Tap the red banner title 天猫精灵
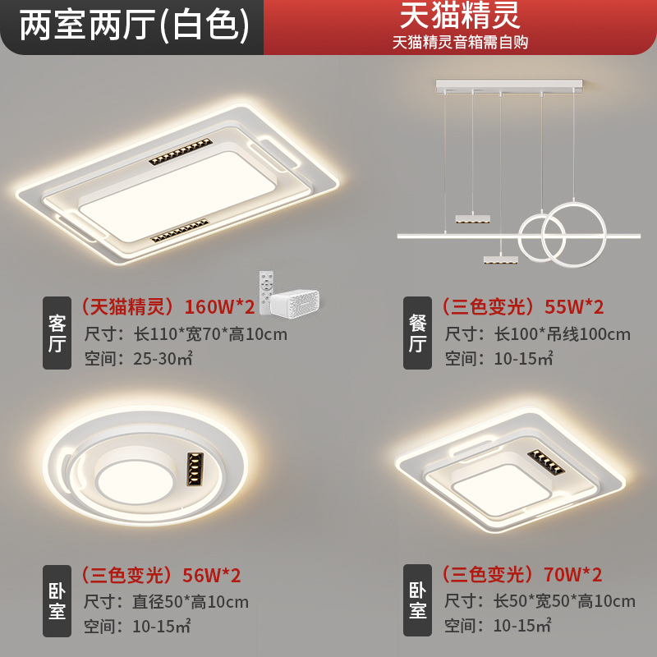pyautogui.click(x=460, y=16)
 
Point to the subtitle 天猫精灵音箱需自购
pyautogui.click(x=460, y=41)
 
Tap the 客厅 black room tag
pyautogui.click(x=57, y=333)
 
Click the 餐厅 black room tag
pyautogui.click(x=417, y=333)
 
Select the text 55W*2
pyautogui.click(x=574, y=307)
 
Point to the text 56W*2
pyautogui.click(x=211, y=575)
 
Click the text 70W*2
pyautogui.click(x=572, y=575)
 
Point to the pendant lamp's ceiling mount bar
pyautogui.click(x=509, y=84)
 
